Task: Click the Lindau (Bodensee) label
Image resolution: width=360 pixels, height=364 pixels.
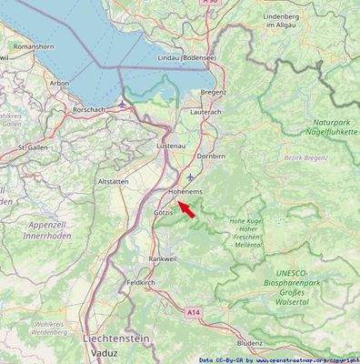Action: [x=186, y=57]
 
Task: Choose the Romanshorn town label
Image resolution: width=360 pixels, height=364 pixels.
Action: [x=35, y=45]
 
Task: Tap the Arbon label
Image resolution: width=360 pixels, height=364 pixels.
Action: [x=59, y=83]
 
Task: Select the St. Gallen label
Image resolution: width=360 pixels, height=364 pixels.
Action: [x=33, y=146]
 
